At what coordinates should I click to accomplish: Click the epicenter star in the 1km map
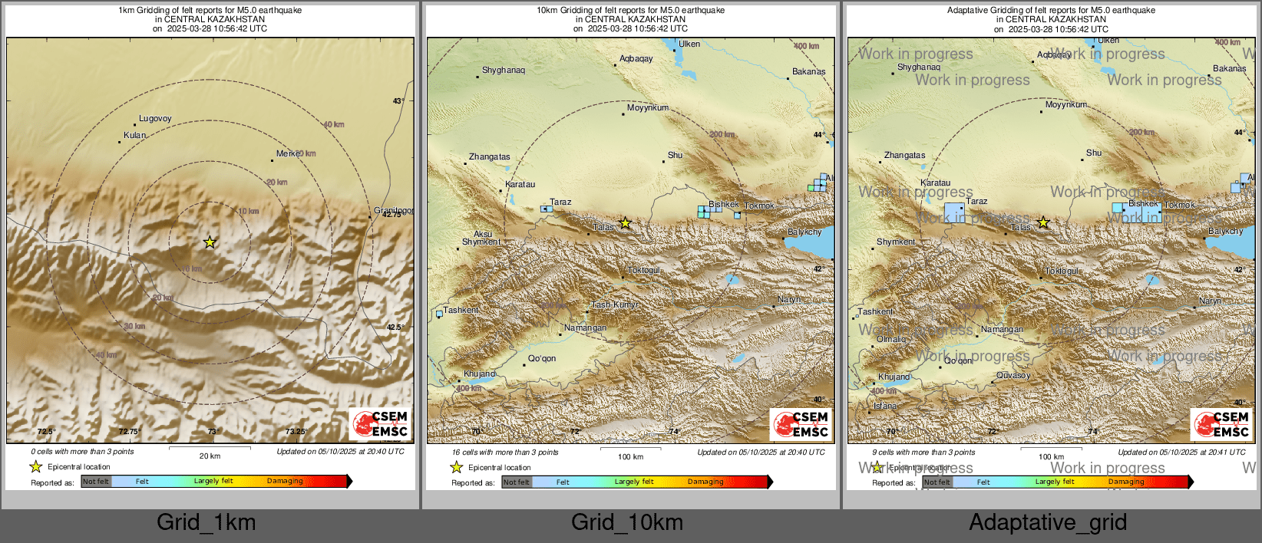pos(210,242)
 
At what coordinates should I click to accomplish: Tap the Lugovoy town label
pos(155,119)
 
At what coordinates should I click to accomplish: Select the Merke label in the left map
pos(288,153)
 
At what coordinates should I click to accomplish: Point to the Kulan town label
pos(134,135)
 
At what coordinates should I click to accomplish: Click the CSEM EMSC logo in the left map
pos(381,424)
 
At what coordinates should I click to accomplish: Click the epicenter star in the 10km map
pos(626,223)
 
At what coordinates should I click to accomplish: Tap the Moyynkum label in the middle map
pos(648,108)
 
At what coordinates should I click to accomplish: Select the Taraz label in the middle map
pos(560,202)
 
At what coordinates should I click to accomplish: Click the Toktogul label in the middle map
pos(643,271)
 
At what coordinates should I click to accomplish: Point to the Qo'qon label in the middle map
pos(542,358)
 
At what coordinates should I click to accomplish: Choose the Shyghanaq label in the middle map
pos(504,70)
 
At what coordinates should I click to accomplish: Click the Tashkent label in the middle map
pos(461,310)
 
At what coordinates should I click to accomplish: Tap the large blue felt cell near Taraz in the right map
pos(954,212)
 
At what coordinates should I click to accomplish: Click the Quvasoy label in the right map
pos(1013,375)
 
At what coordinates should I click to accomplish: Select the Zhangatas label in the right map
pos(904,155)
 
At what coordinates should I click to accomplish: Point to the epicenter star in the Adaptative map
pos(1043,223)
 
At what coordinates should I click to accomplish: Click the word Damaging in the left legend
pos(285,481)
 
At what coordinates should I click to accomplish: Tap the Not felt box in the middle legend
pos(517,482)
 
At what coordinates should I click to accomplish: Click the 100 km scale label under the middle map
pos(630,457)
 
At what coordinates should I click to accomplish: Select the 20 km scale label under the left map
pos(210,456)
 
